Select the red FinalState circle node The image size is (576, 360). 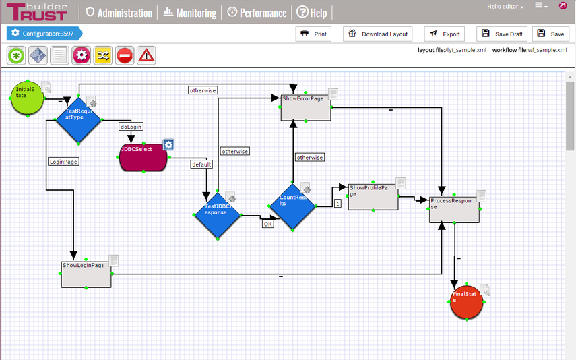point(467,302)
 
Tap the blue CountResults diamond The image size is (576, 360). point(293,204)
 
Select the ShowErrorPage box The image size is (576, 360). point(305,108)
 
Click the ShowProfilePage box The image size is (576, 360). point(373,197)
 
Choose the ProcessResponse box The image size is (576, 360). point(454,210)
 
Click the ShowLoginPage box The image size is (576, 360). point(86,274)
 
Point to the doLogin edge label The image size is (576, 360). point(131,126)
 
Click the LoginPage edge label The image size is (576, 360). point(63,161)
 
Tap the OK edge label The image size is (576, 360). point(268,224)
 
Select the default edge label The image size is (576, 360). point(201,164)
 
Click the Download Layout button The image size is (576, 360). point(378,34)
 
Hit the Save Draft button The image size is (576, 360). point(502,34)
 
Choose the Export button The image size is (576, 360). point(445,34)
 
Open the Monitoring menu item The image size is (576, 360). point(191,13)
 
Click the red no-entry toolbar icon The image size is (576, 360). point(125,55)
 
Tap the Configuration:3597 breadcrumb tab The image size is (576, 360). point(43,33)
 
